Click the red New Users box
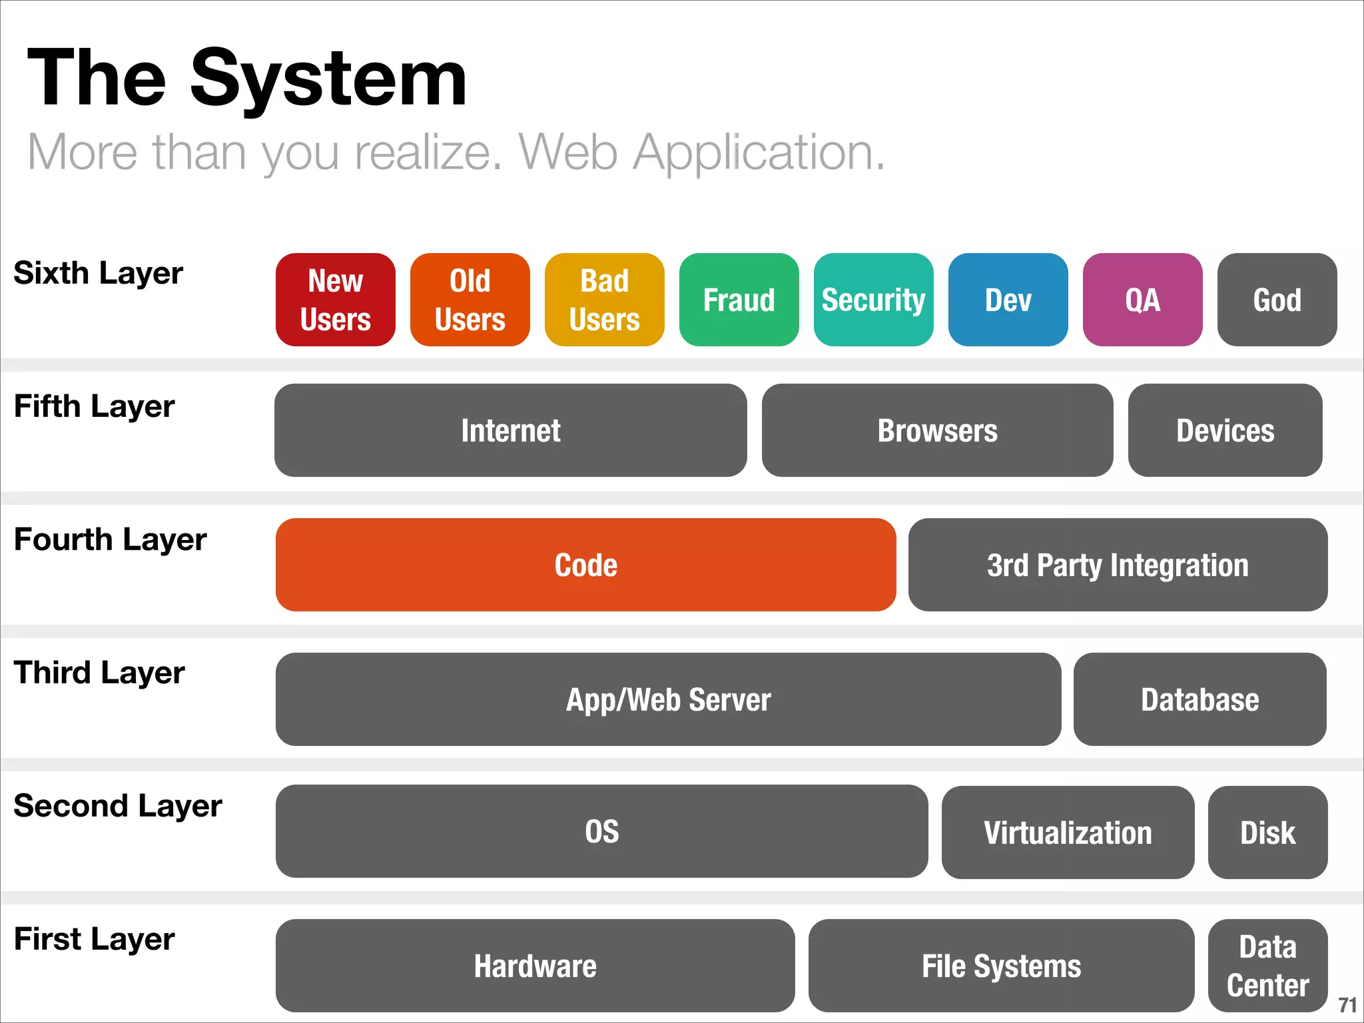pyautogui.click(x=336, y=300)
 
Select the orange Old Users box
pyautogui.click(x=470, y=300)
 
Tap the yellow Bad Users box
pyautogui.click(x=605, y=300)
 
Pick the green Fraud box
pyautogui.click(x=739, y=300)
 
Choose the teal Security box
pyautogui.click(x=874, y=300)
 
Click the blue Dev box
pyautogui.click(x=1008, y=300)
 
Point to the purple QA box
pyautogui.click(x=1143, y=300)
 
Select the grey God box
pyautogui.click(x=1277, y=300)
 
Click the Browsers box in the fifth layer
pyautogui.click(x=938, y=430)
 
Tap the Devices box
pyautogui.click(x=1225, y=430)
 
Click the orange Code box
pyautogui.click(x=586, y=565)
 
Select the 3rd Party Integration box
pyautogui.click(x=1118, y=565)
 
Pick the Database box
pyautogui.click(x=1200, y=699)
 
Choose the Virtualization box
pyautogui.click(x=1068, y=833)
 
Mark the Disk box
pyautogui.click(x=1268, y=833)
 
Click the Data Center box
pyautogui.click(x=1268, y=966)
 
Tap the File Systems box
pyautogui.click(x=1002, y=966)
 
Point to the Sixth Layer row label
pyautogui.click(x=99, y=273)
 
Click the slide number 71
pyautogui.click(x=1347, y=1005)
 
